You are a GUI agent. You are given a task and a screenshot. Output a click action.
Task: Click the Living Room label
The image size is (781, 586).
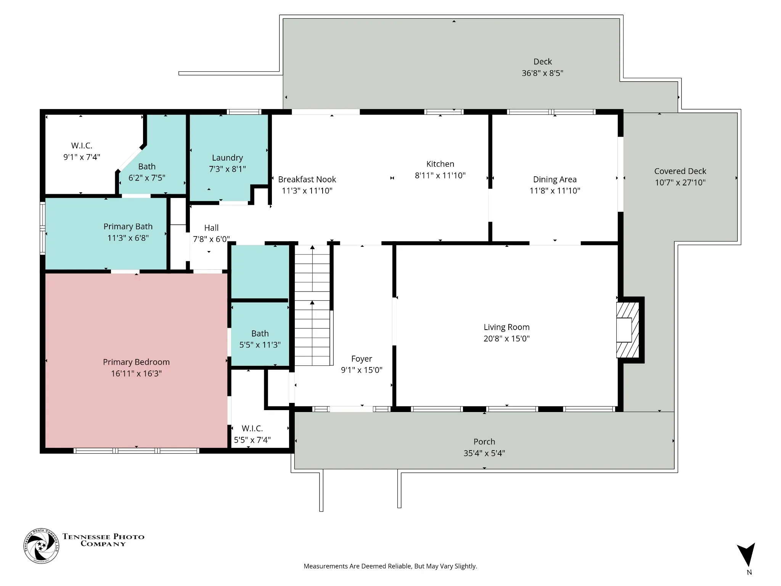click(506, 327)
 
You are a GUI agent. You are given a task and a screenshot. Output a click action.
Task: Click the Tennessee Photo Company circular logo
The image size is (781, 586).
click(41, 546)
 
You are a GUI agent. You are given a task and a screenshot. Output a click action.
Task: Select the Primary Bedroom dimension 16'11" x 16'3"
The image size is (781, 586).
click(136, 373)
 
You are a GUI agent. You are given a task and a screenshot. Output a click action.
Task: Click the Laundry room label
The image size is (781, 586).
click(227, 158)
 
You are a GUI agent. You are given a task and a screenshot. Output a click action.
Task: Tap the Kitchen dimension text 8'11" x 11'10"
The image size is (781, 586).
click(440, 175)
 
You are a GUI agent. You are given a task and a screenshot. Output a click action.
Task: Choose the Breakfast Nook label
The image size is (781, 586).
click(307, 179)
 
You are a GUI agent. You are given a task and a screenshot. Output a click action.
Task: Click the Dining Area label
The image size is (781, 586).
click(554, 180)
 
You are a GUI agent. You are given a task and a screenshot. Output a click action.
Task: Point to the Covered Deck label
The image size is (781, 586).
click(680, 171)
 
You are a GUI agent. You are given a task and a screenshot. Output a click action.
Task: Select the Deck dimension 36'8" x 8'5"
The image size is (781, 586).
click(542, 73)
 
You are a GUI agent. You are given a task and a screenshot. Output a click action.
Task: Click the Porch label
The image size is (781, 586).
click(484, 441)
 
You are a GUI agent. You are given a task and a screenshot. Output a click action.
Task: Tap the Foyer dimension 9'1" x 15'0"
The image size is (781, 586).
click(362, 370)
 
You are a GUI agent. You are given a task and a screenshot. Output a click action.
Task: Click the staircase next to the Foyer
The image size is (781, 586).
click(312, 305)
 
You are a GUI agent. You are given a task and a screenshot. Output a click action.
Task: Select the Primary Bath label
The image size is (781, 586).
click(128, 226)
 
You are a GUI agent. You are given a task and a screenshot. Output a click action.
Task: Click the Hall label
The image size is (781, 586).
click(211, 228)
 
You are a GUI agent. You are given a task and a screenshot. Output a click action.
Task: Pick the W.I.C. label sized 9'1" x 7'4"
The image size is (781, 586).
click(82, 145)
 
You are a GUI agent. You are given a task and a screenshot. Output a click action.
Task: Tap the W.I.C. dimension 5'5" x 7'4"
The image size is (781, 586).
click(252, 440)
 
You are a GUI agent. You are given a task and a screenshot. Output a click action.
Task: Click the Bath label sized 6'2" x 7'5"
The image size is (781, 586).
click(147, 166)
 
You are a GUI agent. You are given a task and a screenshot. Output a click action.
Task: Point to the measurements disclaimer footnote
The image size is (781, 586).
click(390, 566)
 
